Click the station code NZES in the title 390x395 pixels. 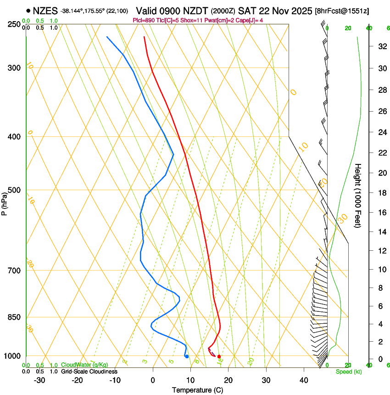[x=45, y=10]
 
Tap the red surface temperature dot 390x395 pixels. [x=219, y=356]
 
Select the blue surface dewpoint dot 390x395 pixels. [x=187, y=356]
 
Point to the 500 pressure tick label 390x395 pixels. [x=14, y=190]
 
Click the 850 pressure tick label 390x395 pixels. [x=14, y=317]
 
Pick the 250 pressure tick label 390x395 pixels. [x=14, y=24]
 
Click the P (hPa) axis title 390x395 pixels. [x=5, y=202]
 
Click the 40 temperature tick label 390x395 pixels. [x=304, y=380]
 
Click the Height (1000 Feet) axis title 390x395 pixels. [x=358, y=195]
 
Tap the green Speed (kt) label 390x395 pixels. [x=348, y=372]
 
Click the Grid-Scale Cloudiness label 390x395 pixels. [x=89, y=371]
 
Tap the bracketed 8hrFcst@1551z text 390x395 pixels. [x=342, y=11]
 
